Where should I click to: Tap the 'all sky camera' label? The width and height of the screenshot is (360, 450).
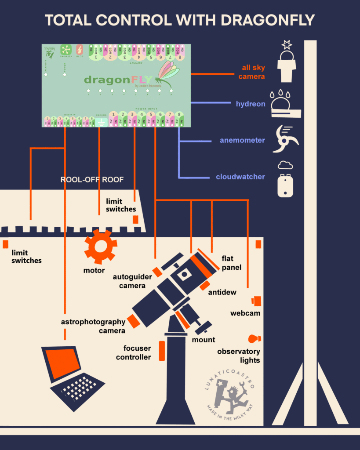click(253, 72)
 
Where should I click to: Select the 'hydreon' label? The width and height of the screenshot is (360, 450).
click(251, 104)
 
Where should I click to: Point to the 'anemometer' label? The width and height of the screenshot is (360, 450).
click(242, 141)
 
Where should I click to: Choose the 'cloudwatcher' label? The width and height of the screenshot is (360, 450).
click(240, 177)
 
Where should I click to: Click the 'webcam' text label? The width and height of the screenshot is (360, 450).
click(245, 313)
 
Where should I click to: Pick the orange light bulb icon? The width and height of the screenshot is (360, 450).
click(254, 338)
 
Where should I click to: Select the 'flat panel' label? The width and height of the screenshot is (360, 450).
click(232, 263)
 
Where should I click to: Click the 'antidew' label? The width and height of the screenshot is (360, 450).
click(222, 292)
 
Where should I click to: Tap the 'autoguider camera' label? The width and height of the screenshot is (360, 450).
click(132, 281)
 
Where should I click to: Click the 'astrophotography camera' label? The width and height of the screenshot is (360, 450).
click(93, 326)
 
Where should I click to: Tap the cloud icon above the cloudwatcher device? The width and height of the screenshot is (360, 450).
click(285, 165)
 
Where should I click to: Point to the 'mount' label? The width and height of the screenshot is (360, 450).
click(204, 340)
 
